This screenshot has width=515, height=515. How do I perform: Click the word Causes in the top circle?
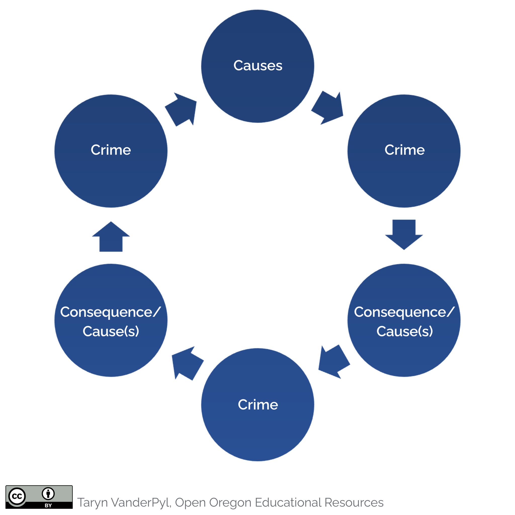[x=257, y=66]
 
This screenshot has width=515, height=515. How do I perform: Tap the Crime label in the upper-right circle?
[x=404, y=150]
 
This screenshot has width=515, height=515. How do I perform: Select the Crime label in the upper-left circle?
[x=111, y=150]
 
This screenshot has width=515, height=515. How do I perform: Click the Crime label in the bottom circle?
[x=257, y=405]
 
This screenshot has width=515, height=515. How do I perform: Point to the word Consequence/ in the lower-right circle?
[x=404, y=312]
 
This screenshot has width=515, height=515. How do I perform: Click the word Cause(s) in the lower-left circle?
[x=111, y=331]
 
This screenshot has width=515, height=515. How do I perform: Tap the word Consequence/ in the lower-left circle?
[x=110, y=312]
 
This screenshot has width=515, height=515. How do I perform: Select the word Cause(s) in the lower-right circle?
[x=404, y=331]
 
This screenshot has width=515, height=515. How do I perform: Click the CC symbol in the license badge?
[x=17, y=496]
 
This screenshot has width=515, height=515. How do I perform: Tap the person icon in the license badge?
[x=48, y=494]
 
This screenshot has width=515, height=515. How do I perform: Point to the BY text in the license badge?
[x=48, y=505]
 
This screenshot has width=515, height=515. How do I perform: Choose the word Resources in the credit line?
[x=354, y=503]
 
